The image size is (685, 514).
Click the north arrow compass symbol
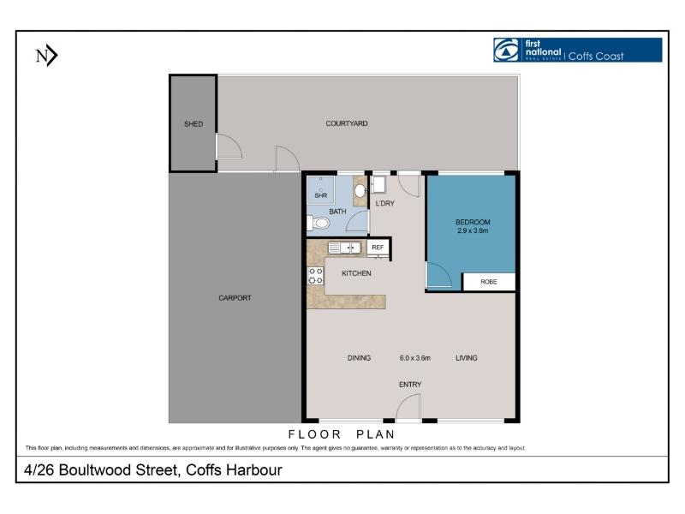pos(46,56)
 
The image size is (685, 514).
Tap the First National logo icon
pos(506,50)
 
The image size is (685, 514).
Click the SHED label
pos(194,124)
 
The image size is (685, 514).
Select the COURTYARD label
pos(347,123)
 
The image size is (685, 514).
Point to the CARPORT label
pos(235,298)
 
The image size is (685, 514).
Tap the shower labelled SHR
pos(320,190)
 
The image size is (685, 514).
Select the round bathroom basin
pos(360,190)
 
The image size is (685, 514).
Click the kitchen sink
pos(344,248)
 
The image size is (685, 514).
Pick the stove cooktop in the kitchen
pos(315,276)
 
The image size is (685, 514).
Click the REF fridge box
pos(378,248)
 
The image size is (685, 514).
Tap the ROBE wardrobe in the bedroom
pos(489,282)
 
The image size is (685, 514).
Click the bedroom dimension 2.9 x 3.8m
pos(473,230)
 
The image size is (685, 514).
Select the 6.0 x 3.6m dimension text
pos(415,358)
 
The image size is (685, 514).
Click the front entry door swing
pos(408,406)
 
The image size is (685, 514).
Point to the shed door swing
pos(229,146)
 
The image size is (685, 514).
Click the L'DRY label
pos(384,203)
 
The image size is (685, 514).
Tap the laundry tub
pos(378,184)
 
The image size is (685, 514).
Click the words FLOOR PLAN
pos(341,434)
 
